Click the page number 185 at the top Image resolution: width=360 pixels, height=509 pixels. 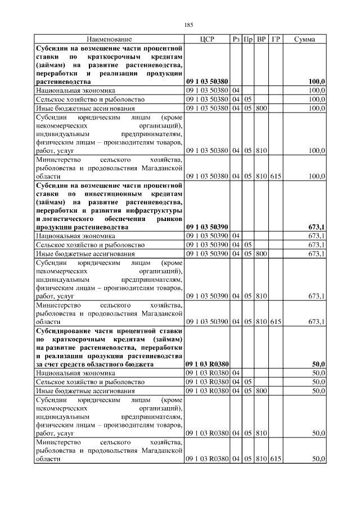point(188,25)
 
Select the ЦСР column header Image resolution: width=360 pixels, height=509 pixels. point(207,39)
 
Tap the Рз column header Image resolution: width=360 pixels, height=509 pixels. point(236,39)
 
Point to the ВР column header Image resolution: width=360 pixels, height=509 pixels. point(261,39)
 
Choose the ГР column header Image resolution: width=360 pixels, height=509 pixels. point(276,39)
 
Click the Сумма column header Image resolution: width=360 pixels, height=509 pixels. point(304,39)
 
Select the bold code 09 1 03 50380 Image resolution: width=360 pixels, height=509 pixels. point(206,82)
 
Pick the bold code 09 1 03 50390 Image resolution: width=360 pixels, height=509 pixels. point(206,227)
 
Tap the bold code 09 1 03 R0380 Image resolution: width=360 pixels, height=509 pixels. point(206,364)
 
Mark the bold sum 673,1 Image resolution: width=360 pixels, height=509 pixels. point(317,227)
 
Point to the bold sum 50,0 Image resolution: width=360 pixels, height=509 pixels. point(318,364)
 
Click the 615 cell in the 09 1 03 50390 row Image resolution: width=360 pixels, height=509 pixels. point(276,322)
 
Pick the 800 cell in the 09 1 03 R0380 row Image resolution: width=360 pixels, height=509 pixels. point(261,390)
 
